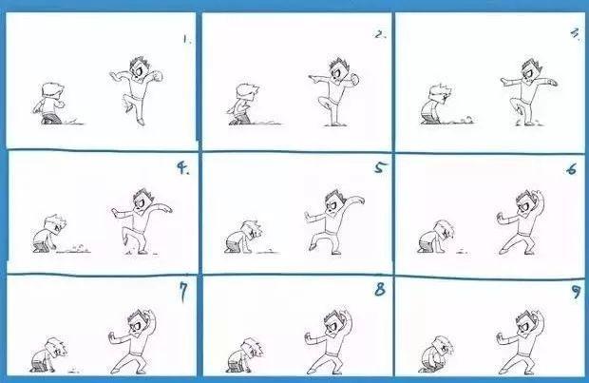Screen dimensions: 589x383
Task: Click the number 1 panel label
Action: pos(187,39)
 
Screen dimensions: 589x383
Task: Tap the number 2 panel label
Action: pos(380,35)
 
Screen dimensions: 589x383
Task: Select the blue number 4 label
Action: pos(183,168)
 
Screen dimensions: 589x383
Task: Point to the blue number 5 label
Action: pos(380,167)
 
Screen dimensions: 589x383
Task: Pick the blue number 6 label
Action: pos(571,169)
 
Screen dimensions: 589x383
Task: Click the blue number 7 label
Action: pos(183,292)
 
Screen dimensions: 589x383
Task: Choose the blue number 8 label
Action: pos(380,289)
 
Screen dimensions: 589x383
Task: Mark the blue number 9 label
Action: pos(576,292)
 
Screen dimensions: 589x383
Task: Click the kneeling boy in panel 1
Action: pos(48,104)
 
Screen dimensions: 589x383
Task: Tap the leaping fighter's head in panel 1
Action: pos(139,67)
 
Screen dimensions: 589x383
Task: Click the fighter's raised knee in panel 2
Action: pos(322,101)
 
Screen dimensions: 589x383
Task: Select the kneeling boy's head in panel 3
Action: pos(441,93)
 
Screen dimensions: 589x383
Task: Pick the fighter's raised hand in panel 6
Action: pos(538,197)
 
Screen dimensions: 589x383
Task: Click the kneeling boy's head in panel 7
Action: pos(56,348)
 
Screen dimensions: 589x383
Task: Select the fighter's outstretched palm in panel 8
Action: pos(308,337)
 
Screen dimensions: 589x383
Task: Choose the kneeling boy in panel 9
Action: pos(435,354)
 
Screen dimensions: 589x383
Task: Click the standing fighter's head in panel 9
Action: pos(525,322)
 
